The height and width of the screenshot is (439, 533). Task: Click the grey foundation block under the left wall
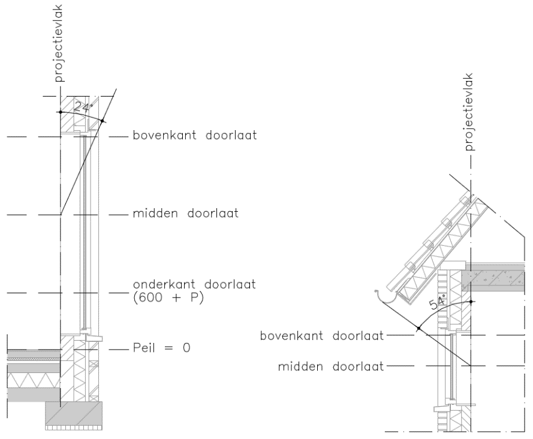74,413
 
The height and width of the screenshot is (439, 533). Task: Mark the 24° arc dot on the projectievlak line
60,112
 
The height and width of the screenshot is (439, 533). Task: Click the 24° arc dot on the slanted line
103,122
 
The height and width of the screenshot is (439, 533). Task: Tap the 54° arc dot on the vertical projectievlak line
472,301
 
